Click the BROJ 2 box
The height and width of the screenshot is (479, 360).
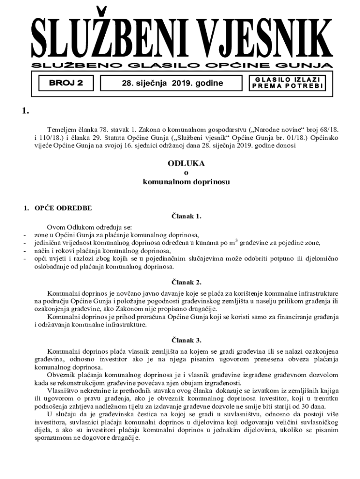65,83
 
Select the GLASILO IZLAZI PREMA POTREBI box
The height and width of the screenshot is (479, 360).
287,83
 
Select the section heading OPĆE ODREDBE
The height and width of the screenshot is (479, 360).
63,208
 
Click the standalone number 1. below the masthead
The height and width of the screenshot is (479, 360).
26,111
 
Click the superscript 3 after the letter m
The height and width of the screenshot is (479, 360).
237,240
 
